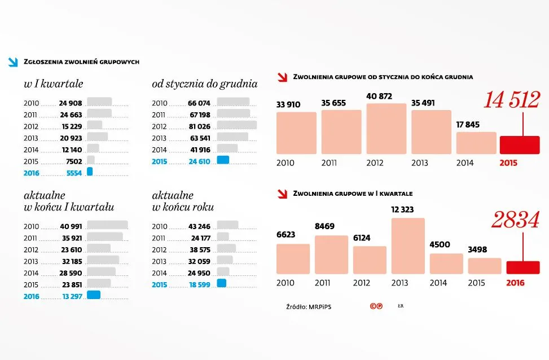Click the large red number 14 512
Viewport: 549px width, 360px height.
point(511,100)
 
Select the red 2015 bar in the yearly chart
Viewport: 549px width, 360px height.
point(520,145)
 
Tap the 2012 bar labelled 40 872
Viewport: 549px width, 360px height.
point(386,129)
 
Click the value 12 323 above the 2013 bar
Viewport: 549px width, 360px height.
point(402,209)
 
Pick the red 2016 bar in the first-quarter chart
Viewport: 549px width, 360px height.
point(523,267)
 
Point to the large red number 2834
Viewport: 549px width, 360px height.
point(515,221)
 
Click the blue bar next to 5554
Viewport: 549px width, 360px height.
point(89,172)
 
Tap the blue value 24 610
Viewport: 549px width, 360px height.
point(199,161)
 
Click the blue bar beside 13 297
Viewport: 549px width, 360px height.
point(94,295)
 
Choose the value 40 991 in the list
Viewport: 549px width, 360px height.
point(71,226)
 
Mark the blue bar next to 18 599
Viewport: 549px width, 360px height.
point(221,283)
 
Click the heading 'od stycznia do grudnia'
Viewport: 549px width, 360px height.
point(204,84)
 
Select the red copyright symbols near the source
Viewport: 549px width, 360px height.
point(376,306)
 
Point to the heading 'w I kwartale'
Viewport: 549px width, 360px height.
point(54,84)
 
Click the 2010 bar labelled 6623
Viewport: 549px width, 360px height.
point(293,259)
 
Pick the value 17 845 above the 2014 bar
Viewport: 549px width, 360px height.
point(468,125)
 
